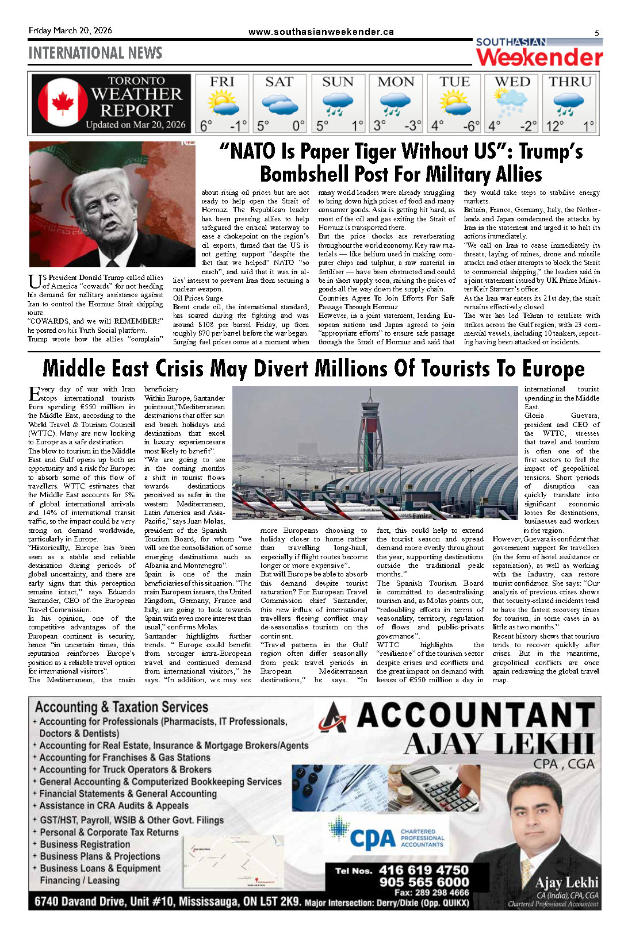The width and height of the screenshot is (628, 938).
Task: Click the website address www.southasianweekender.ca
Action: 321,32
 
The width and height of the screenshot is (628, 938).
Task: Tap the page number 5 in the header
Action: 596,33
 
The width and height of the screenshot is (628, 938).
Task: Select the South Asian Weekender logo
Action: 539,53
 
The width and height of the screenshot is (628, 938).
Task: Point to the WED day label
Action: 512,82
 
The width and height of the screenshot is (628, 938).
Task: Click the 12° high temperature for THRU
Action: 556,126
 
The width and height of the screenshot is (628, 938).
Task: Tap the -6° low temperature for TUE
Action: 471,126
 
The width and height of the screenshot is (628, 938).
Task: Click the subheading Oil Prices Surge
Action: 198,298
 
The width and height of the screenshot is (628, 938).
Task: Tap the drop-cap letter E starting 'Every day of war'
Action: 34,394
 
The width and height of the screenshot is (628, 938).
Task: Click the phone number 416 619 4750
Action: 424,870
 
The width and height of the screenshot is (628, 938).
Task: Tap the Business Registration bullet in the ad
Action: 85,844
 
